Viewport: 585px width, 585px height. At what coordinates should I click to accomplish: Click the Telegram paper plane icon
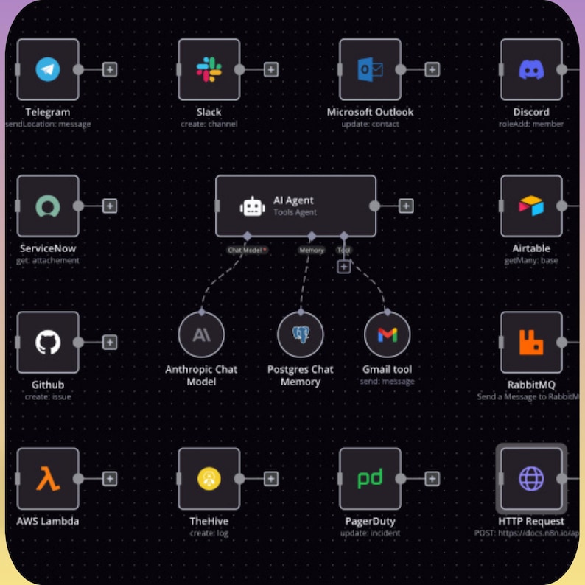[48, 70]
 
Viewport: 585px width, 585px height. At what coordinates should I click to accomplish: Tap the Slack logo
[209, 70]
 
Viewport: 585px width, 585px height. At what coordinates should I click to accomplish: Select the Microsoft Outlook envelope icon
[370, 70]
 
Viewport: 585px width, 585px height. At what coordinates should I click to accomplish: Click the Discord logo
[531, 70]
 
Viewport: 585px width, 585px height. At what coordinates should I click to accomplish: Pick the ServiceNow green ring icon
[48, 206]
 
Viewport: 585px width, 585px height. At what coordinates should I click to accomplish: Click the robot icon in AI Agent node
[252, 206]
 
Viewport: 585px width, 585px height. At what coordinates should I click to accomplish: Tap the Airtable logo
[531, 206]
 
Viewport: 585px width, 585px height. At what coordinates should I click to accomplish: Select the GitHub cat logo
[48, 342]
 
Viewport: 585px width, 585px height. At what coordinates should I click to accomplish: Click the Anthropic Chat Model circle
[201, 335]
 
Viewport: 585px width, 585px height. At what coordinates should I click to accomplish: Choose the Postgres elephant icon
[301, 335]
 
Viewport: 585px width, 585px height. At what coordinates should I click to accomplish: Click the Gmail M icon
[388, 335]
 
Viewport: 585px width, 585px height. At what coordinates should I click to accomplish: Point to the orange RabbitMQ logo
[531, 342]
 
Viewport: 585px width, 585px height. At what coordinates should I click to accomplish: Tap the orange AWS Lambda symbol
[48, 479]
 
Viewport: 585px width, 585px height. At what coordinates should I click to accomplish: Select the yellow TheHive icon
[209, 479]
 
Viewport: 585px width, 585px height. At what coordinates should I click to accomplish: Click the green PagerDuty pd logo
[370, 479]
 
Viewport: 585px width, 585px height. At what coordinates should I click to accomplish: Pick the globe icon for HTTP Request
[531, 479]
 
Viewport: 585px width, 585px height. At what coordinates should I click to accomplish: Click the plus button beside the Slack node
[271, 70]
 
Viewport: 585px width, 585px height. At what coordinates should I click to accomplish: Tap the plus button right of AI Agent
[406, 206]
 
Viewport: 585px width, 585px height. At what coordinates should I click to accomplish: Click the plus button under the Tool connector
[344, 267]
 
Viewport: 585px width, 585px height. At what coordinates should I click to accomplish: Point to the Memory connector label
[312, 251]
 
